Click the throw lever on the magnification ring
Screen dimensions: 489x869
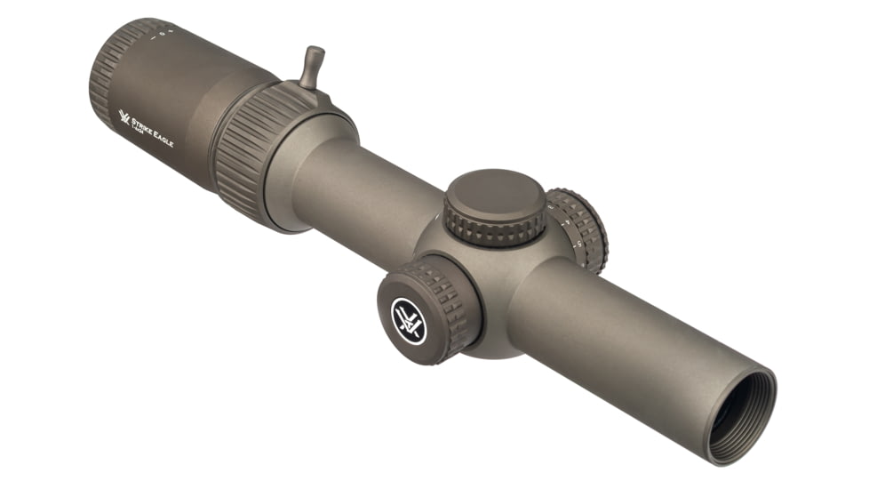pos(312,67)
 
